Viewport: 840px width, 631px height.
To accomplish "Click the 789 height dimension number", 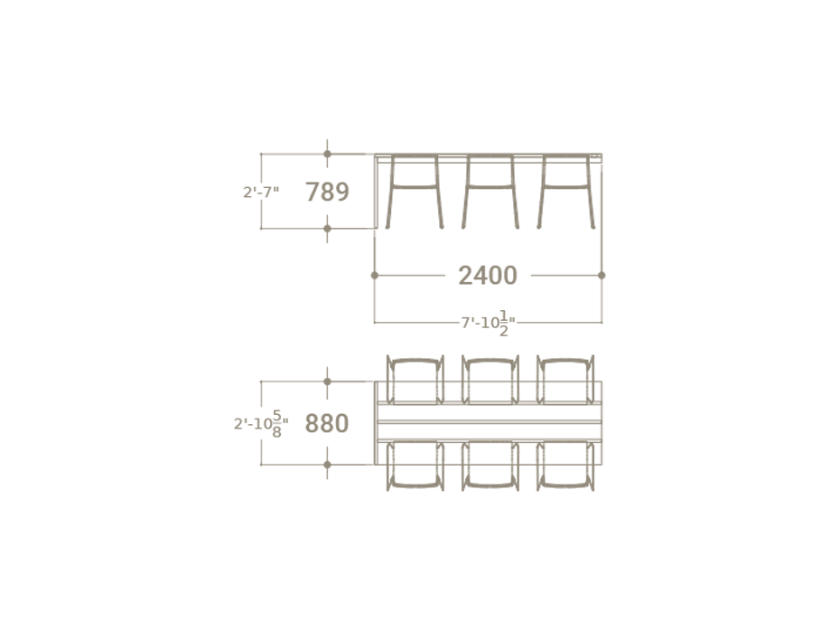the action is click(327, 192).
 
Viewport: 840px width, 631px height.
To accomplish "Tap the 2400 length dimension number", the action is click(488, 276).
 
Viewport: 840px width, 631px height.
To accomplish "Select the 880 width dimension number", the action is click(327, 423).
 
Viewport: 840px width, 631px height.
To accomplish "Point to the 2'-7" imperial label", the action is click(261, 192).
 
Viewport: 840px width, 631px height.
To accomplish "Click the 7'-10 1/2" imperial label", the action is click(488, 323).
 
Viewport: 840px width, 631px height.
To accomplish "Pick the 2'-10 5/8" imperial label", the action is click(261, 423).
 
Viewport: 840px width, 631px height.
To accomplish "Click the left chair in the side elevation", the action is click(415, 192).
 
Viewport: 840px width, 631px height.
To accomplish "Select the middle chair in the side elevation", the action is click(490, 192).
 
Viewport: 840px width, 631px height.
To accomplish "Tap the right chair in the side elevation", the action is click(566, 192).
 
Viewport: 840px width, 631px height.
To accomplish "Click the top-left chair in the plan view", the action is click(415, 380).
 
